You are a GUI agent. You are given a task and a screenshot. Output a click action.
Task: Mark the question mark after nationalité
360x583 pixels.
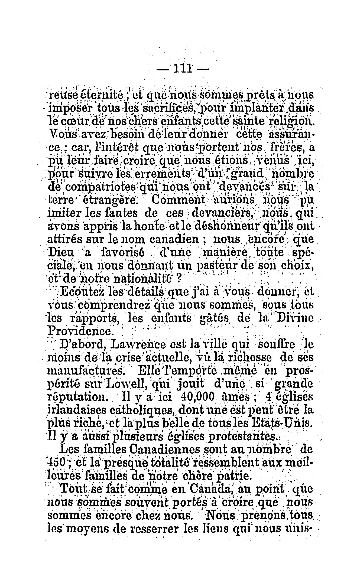[x=179, y=278]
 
